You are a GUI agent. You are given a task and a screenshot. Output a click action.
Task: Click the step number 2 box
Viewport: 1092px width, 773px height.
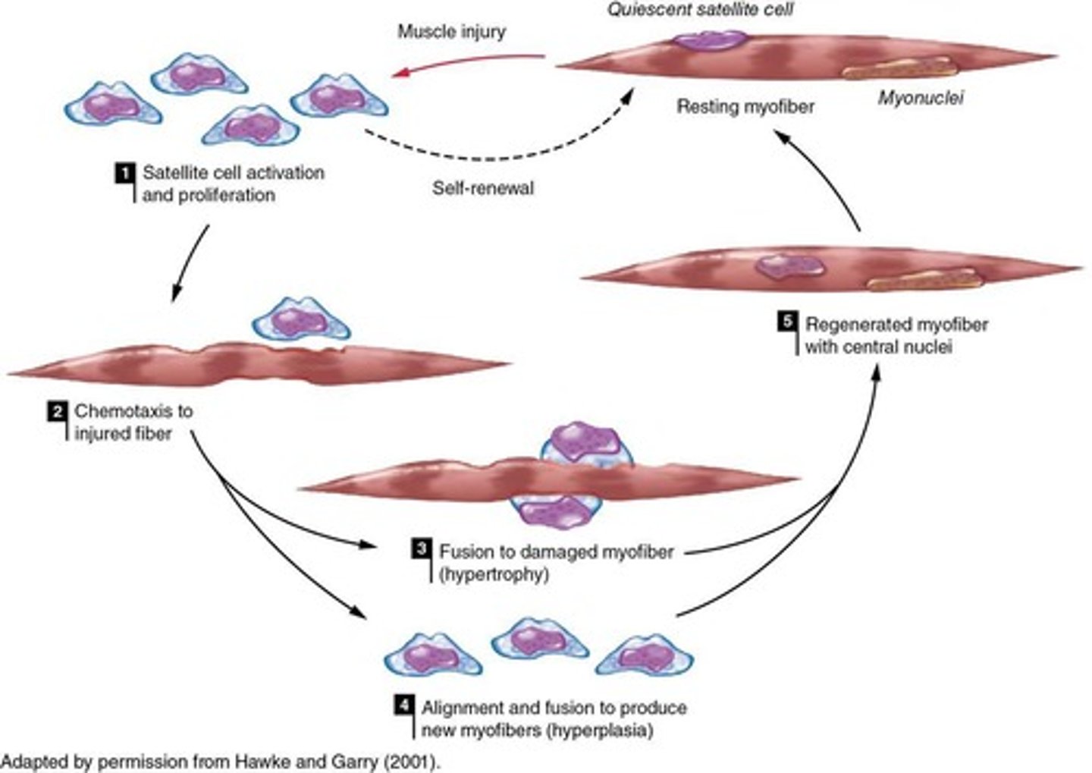tap(56, 412)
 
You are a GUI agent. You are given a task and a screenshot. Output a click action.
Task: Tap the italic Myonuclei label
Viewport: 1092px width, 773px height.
tap(921, 98)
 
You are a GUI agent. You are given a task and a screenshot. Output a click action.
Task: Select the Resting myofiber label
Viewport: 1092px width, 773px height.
tap(745, 106)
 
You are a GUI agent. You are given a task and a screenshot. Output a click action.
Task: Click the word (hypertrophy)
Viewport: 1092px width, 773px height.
tap(494, 574)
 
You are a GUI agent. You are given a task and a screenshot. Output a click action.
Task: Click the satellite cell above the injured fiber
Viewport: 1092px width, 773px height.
tap(300, 319)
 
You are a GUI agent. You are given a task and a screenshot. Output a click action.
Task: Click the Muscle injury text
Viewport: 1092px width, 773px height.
tap(451, 32)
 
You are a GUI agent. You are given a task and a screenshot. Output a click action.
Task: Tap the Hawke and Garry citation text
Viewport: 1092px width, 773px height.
tap(220, 761)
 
